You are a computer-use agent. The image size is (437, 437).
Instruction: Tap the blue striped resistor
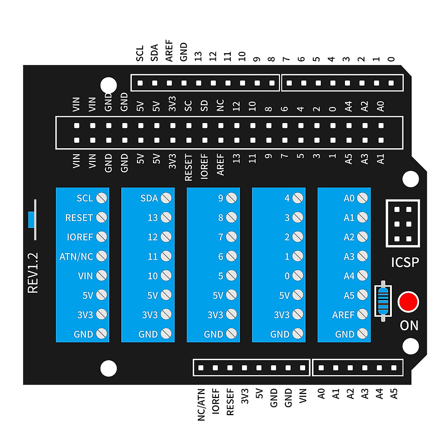coord(383,301)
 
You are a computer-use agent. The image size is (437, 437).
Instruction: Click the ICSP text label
coord(405,262)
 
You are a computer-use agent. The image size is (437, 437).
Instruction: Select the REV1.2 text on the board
coord(33,273)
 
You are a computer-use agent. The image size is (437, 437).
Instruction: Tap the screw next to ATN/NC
coord(101,256)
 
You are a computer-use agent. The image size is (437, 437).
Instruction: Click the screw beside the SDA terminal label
coord(166,198)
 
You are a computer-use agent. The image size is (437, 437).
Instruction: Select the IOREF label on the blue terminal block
coord(80,237)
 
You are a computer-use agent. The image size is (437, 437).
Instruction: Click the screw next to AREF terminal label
coord(362,314)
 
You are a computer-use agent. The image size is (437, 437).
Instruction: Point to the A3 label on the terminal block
coord(349,257)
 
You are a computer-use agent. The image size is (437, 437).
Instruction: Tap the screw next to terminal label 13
coord(166,217)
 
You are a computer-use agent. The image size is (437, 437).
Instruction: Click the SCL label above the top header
coord(140,53)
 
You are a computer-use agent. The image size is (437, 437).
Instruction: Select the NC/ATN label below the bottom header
coord(201,405)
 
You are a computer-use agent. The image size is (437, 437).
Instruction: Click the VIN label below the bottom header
coord(303,396)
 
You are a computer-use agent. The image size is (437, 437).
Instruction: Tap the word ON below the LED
coord(409,325)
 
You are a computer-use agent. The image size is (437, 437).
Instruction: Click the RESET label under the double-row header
coord(188,168)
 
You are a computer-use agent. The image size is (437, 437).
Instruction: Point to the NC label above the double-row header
coord(220,105)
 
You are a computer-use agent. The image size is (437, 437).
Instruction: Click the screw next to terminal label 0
coord(298,275)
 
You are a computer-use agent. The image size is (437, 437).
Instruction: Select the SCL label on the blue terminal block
coord(85,198)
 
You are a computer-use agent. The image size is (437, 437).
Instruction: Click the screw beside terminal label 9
coord(231,198)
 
